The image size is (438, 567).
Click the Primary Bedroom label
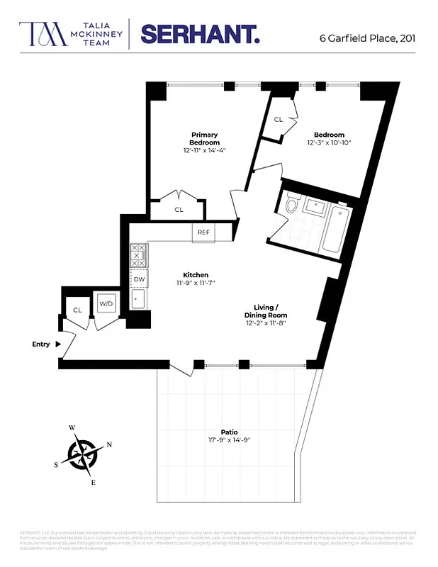[x=204, y=138]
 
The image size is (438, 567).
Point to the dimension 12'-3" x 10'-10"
[x=329, y=143]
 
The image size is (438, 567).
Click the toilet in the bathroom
[x=291, y=206]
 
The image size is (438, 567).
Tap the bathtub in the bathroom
[x=334, y=230]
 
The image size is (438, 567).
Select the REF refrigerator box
[x=203, y=232]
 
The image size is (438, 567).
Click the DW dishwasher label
[x=139, y=279]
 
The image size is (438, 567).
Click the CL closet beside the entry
[x=77, y=310]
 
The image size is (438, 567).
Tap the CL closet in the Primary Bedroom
[x=179, y=210]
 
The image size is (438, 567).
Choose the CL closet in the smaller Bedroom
[x=279, y=120]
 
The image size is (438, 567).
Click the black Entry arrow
[x=58, y=344]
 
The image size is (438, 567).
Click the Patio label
[x=228, y=432]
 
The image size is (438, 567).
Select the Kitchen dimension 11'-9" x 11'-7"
[x=195, y=283]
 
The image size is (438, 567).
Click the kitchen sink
[x=138, y=300]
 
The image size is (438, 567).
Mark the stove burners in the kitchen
[x=138, y=255]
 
